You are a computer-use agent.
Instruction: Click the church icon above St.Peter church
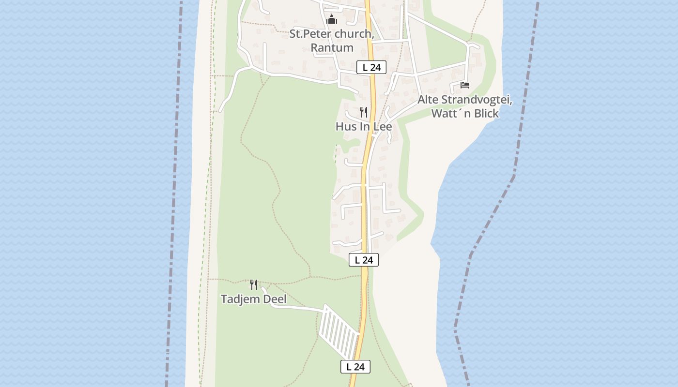pyautogui.click(x=332, y=20)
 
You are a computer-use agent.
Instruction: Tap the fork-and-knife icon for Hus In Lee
pyautogui.click(x=364, y=112)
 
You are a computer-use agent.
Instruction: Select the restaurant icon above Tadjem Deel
pyautogui.click(x=254, y=284)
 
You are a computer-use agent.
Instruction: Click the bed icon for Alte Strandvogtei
pyautogui.click(x=465, y=85)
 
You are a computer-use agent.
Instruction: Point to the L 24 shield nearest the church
pyautogui.click(x=371, y=68)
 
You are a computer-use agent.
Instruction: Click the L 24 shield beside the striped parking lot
pyautogui.click(x=355, y=367)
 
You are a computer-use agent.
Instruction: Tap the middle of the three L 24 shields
pyautogui.click(x=364, y=260)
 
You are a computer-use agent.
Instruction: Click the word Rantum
pyautogui.click(x=332, y=48)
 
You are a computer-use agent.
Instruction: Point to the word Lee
pyautogui.click(x=382, y=127)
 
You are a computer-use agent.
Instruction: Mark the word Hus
pyautogui.click(x=345, y=127)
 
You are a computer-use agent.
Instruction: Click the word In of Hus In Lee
pyautogui.click(x=364, y=127)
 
